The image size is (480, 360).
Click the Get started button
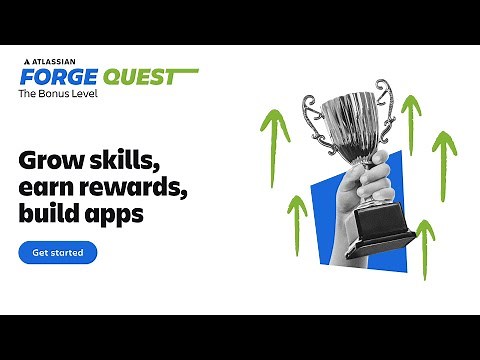57,253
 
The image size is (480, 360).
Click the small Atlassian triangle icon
25,62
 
